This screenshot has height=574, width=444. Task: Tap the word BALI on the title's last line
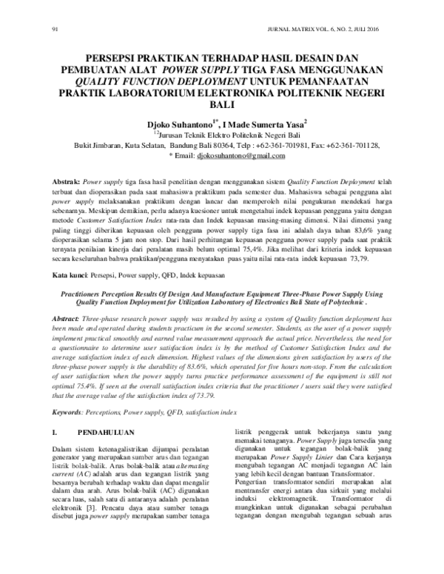[x=223, y=106]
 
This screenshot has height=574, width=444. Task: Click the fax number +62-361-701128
[x=361, y=146]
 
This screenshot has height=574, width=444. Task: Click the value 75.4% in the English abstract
[x=69, y=385]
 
